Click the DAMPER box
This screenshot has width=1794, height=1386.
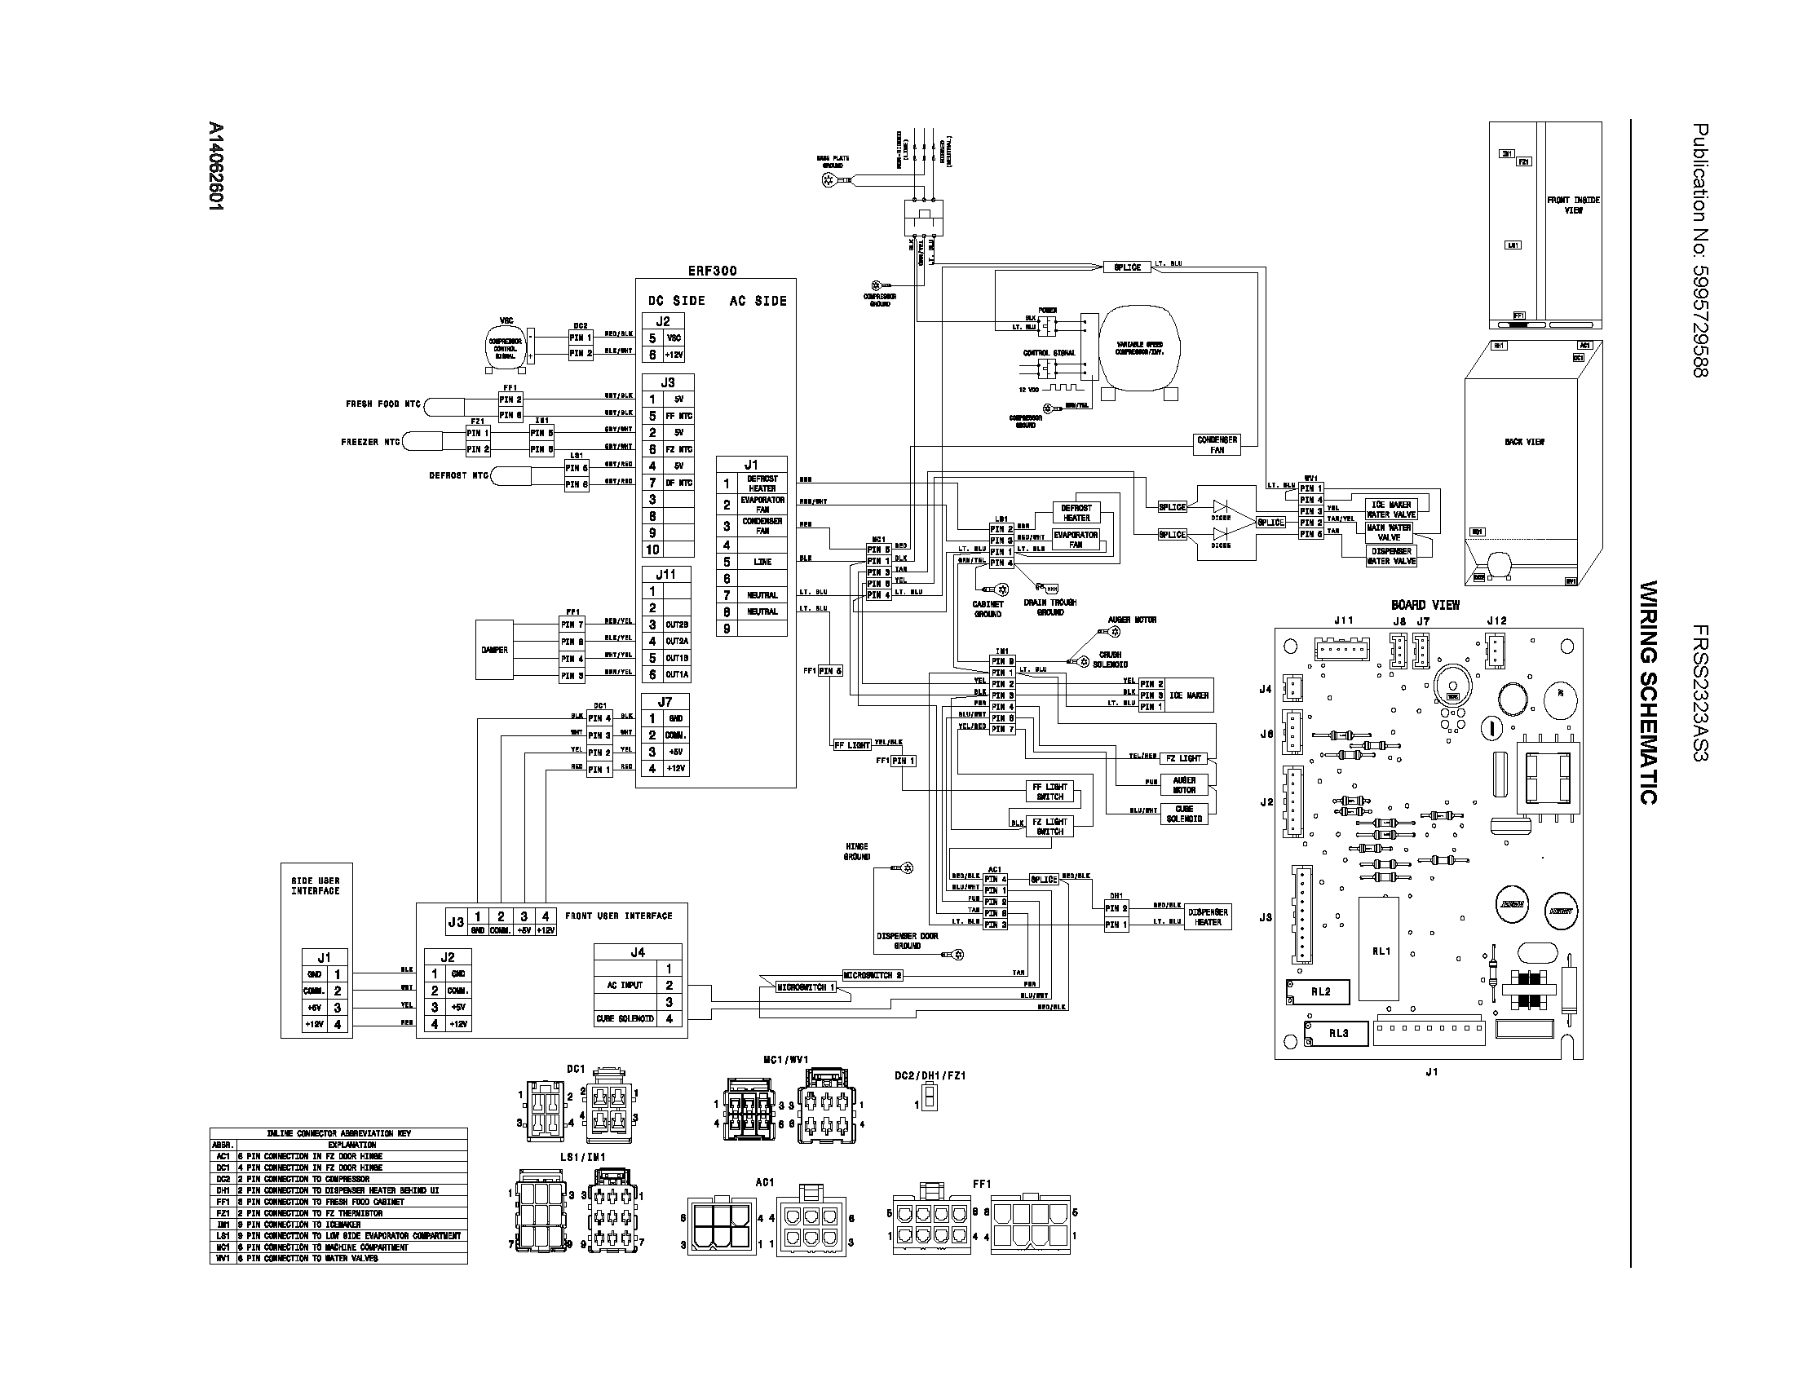[494, 650]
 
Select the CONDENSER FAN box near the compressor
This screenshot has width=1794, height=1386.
[1217, 444]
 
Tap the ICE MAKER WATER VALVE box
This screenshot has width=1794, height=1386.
[1390, 509]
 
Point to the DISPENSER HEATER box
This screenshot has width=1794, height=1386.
[1208, 917]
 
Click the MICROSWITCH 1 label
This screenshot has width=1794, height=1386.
[805, 987]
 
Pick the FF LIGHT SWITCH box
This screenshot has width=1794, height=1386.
[1049, 792]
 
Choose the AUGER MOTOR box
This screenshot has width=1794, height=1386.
[1184, 785]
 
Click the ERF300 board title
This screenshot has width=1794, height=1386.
[712, 270]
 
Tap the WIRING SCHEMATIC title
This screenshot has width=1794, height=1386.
[1648, 692]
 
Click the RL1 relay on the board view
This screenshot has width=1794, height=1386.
[1381, 951]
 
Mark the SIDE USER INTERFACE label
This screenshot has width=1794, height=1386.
[316, 885]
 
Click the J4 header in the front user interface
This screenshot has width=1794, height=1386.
[638, 952]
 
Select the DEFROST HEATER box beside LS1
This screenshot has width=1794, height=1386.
[1076, 513]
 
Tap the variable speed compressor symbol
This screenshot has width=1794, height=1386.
[1138, 348]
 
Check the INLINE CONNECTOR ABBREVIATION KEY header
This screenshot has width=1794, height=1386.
[338, 1133]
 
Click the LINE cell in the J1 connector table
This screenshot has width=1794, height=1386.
[762, 563]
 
